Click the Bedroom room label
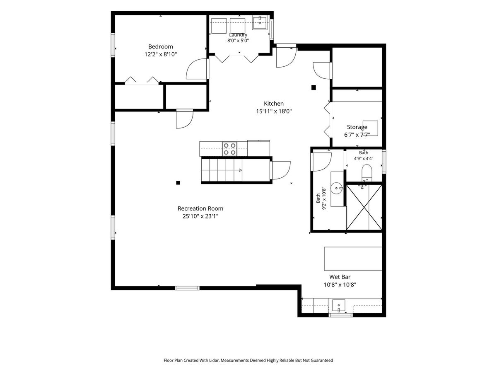point(161,47)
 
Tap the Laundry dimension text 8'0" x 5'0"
point(238,41)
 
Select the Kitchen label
point(273,104)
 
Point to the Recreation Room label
point(200,208)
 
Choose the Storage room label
point(357,127)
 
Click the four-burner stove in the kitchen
point(229,148)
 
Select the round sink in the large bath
point(337,188)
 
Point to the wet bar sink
point(338,306)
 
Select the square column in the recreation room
point(178,182)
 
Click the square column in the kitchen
point(314,87)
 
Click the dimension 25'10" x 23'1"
point(200,216)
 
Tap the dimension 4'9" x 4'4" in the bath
point(363,159)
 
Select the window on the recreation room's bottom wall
point(187,288)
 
